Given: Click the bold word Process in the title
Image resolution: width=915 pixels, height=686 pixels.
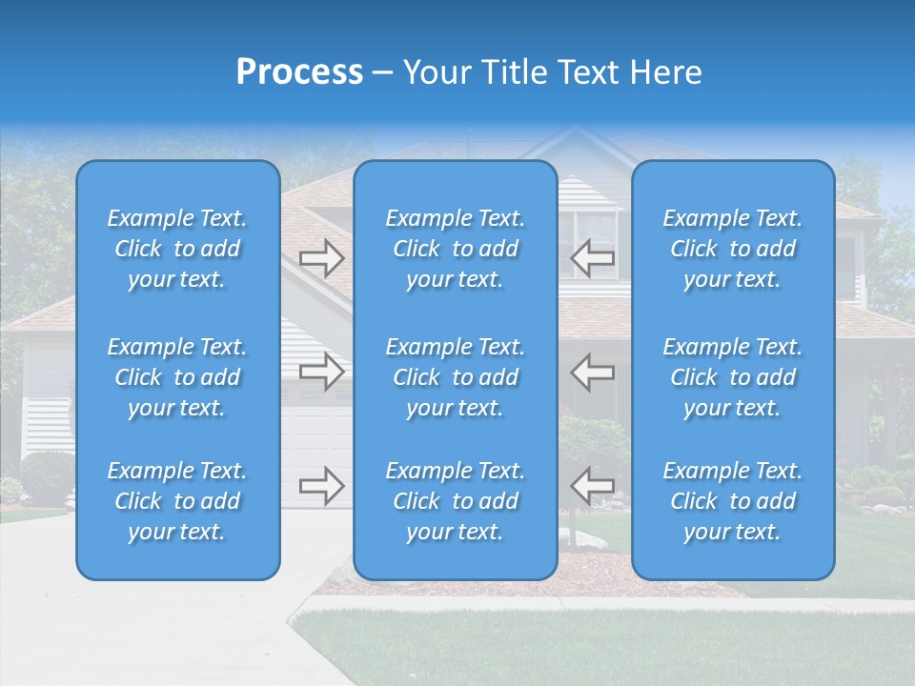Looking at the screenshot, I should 299,72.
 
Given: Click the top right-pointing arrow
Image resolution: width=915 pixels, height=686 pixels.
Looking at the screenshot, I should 321,258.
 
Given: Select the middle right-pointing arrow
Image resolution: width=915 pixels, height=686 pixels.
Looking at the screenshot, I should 321,372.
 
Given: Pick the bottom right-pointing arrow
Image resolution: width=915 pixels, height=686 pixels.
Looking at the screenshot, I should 321,486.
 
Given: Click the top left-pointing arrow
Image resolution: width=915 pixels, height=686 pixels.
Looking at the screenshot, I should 593,258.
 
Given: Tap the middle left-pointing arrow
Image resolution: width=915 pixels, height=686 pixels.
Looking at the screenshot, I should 593,372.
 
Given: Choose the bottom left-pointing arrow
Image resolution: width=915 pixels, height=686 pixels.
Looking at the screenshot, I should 593,486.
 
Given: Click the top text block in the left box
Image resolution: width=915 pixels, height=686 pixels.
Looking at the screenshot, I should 177,249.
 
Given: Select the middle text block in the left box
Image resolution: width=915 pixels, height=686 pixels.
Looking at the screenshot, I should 177,377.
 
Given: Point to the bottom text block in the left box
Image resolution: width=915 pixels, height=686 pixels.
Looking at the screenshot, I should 177,501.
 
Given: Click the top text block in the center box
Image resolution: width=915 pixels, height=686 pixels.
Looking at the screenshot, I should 456,249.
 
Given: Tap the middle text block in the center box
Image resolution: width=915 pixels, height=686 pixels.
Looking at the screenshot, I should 456,377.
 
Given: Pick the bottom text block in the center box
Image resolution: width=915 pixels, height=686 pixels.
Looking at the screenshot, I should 456,501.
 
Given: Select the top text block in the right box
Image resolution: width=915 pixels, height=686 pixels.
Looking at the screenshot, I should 733,249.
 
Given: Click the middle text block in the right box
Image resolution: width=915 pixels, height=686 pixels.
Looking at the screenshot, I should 733,377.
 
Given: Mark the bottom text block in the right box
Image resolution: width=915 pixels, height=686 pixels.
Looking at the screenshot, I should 733,501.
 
